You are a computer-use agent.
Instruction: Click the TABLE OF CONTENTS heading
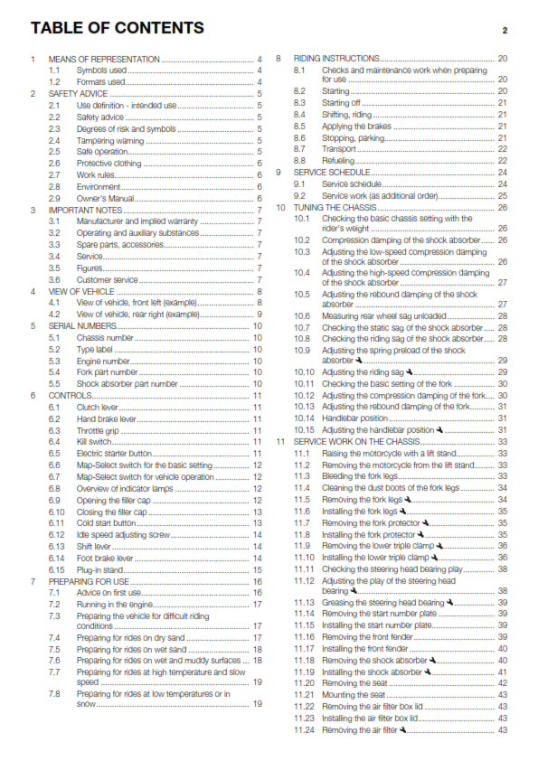click(118, 28)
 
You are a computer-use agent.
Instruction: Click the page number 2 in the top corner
click(505, 30)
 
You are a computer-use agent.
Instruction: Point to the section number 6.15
click(57, 570)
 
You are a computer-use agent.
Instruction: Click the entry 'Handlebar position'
click(356, 418)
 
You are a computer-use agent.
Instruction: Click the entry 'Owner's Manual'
click(105, 198)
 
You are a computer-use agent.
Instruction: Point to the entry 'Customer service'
click(107, 279)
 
